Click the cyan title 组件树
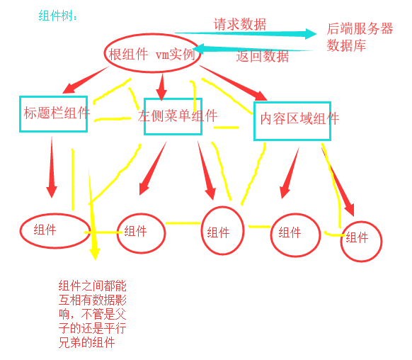coord(58,16)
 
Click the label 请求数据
coord(240,25)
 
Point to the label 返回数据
coord(262,56)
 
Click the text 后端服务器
coord(360,28)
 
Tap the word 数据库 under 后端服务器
coord(346,45)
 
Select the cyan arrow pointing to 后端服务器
coord(246,33)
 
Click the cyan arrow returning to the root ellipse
coord(253,49)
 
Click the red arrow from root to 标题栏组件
coord(86,80)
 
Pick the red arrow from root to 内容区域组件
coord(234,83)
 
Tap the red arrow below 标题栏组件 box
coord(52,167)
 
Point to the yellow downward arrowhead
coord(95,254)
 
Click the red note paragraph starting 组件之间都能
coord(93,314)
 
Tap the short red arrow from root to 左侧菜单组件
coord(161,87)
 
